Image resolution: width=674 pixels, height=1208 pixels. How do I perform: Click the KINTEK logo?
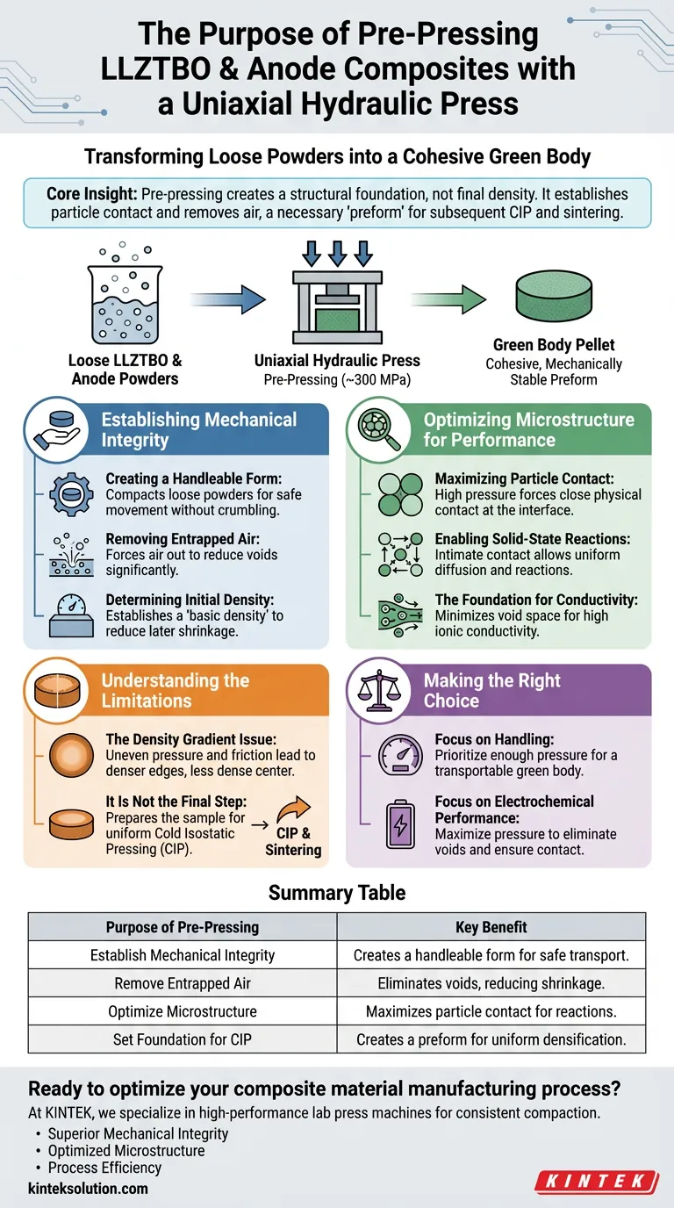[x=597, y=1182]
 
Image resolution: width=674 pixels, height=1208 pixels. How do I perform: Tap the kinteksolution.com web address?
[x=88, y=1188]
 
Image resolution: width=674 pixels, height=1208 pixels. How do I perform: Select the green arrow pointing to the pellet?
[x=448, y=298]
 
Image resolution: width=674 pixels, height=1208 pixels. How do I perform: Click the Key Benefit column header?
[x=491, y=927]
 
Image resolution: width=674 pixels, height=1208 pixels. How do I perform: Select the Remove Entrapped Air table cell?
[x=183, y=983]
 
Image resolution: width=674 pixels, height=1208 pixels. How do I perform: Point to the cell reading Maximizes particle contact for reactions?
[x=491, y=1011]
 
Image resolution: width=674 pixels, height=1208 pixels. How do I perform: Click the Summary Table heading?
[x=337, y=893]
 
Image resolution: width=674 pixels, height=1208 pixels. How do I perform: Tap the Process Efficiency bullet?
[x=104, y=1168]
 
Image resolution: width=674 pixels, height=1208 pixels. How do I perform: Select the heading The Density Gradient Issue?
[x=190, y=739]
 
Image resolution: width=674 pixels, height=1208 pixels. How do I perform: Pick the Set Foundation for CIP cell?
[x=183, y=1039]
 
